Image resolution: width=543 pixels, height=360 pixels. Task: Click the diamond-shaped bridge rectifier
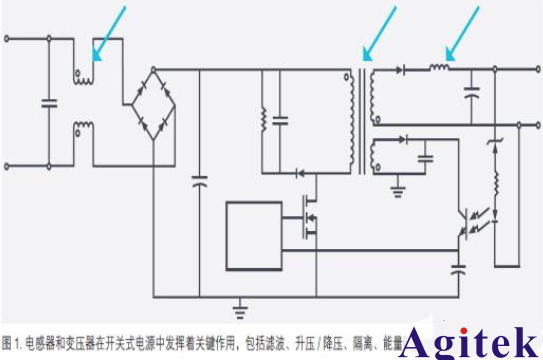pos(153,105)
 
